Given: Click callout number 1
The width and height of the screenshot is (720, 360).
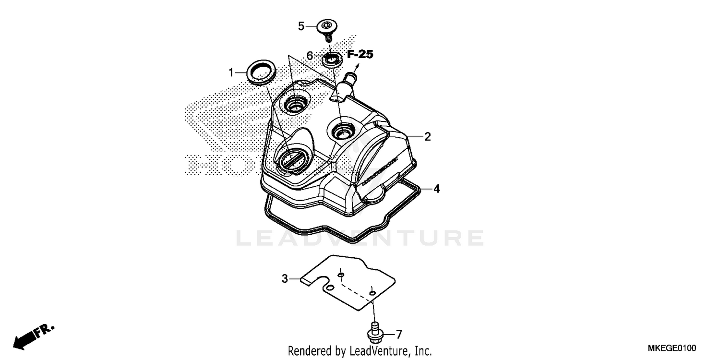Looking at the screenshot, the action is [x=231, y=73].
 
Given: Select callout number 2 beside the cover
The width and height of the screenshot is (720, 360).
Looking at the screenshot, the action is [x=427, y=137].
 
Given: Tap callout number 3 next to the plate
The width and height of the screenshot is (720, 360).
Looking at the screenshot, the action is [x=285, y=278].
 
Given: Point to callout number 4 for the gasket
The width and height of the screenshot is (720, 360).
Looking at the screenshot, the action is [x=436, y=189].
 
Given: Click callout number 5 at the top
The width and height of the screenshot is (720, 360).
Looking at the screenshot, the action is [x=301, y=26].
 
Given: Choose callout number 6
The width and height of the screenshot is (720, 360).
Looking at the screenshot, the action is [x=310, y=56].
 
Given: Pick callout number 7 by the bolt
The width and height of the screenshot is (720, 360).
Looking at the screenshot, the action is [x=398, y=334].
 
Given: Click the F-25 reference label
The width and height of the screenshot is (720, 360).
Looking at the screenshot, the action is [x=360, y=55].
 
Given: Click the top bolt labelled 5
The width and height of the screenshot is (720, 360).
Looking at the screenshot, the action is [x=326, y=28].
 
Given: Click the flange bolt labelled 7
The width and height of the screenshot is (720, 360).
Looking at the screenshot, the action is [x=375, y=332].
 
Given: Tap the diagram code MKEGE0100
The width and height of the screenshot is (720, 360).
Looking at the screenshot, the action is [x=672, y=348].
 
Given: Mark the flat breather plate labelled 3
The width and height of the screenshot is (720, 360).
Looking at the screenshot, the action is [x=355, y=283].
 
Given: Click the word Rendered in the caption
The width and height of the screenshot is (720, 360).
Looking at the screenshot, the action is [x=308, y=351].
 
